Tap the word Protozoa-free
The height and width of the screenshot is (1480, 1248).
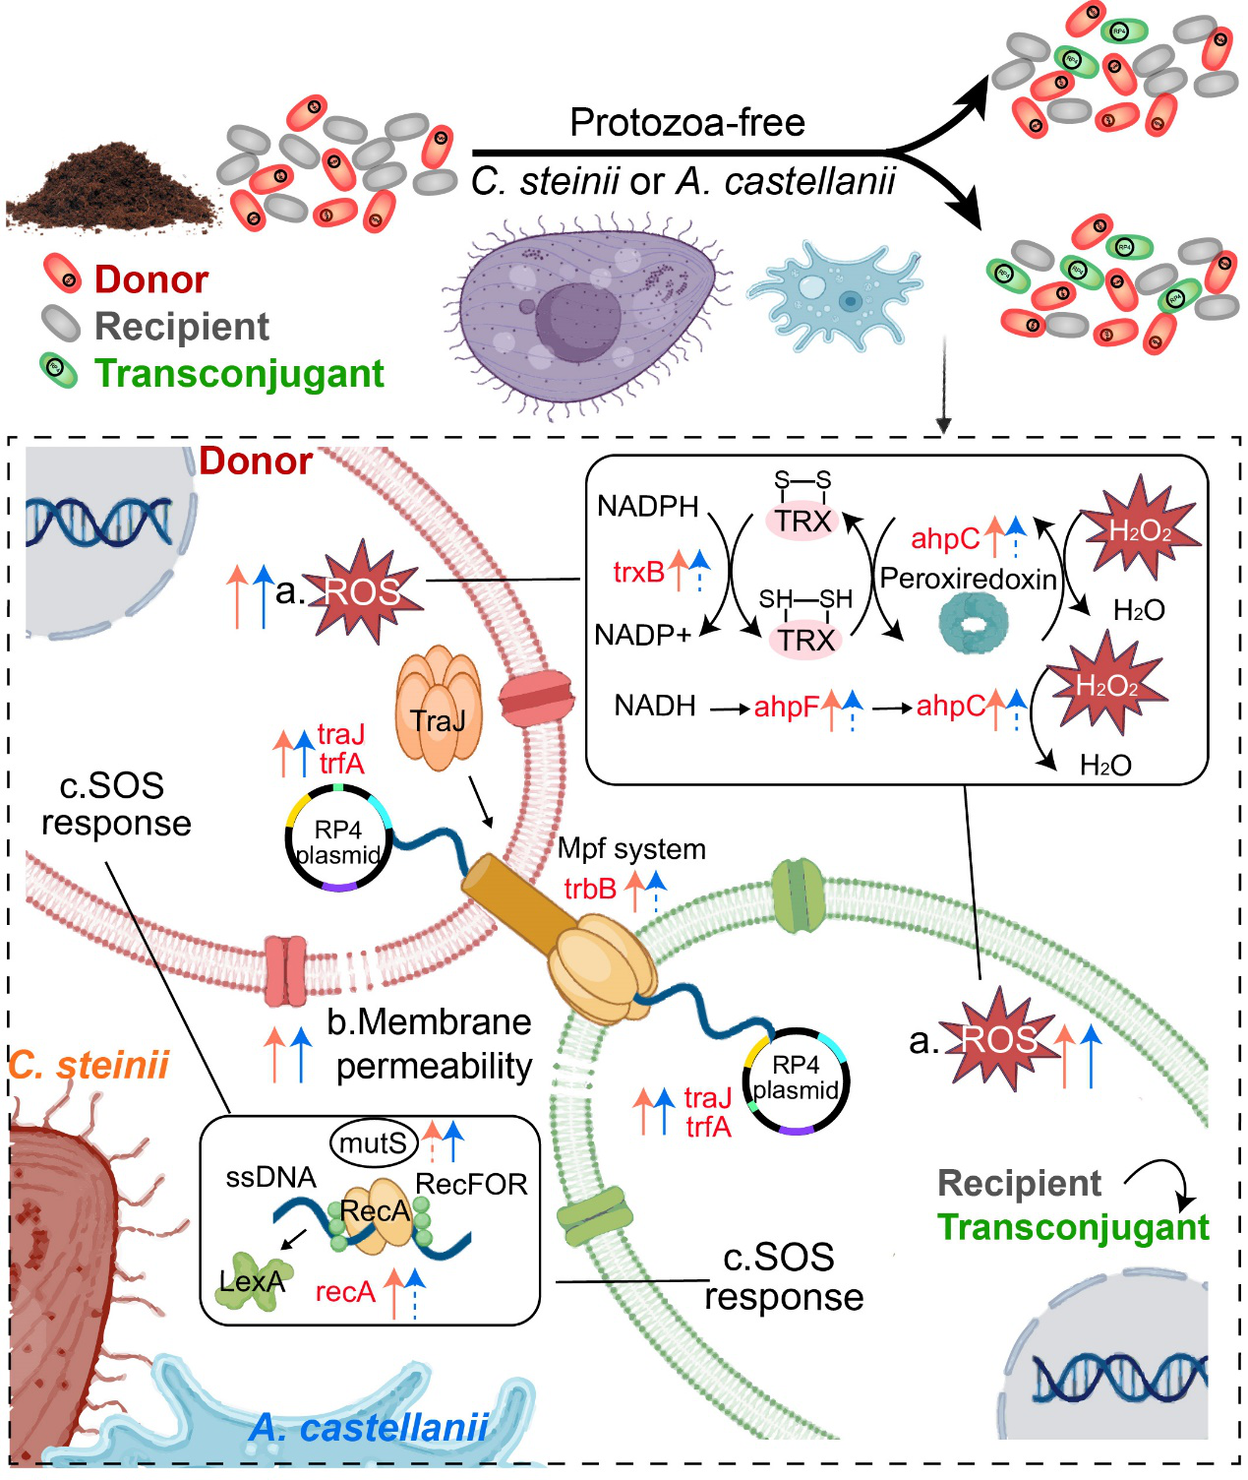pos(686,123)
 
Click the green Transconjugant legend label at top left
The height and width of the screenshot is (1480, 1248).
pos(238,374)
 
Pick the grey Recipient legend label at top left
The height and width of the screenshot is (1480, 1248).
pos(181,327)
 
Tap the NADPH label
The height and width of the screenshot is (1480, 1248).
pos(647,507)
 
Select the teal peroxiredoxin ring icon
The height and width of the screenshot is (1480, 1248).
pos(973,624)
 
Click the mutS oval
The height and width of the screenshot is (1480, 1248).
pos(373,1142)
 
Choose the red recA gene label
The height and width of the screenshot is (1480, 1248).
pos(345,1292)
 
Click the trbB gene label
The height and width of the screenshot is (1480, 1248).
pos(589,889)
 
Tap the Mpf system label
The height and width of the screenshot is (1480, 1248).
pos(631,849)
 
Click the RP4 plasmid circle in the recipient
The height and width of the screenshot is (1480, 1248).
pos(796,1079)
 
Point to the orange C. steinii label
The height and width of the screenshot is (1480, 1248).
pos(89,1065)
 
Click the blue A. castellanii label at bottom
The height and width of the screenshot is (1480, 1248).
pos(369,1428)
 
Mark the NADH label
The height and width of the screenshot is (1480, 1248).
pos(654,706)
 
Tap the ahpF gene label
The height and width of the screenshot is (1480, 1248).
pos(786,707)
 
